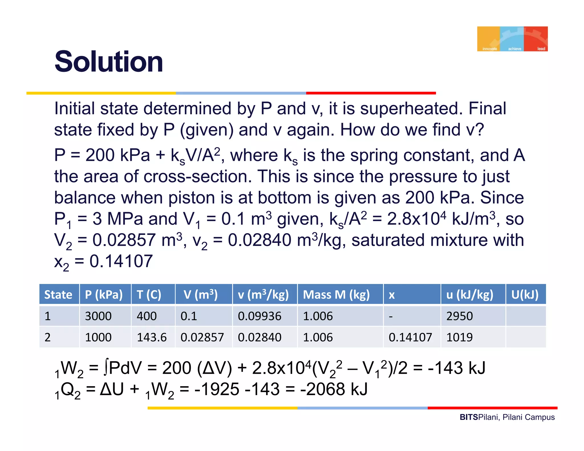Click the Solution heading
click(x=109, y=62)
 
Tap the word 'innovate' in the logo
click(x=489, y=49)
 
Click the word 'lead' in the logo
click(x=541, y=49)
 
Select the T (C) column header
click(x=149, y=294)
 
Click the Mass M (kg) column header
click(x=336, y=294)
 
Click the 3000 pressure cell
click(x=98, y=316)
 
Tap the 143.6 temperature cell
click(x=152, y=337)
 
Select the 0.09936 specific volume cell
click(x=259, y=316)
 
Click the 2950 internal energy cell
click(x=459, y=316)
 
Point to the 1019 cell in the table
click(x=459, y=337)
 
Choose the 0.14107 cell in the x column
click(x=410, y=337)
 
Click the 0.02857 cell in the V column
click(x=202, y=337)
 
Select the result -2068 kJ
click(x=334, y=389)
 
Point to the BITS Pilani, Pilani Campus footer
click(x=507, y=417)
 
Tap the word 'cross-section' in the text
click(x=197, y=176)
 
